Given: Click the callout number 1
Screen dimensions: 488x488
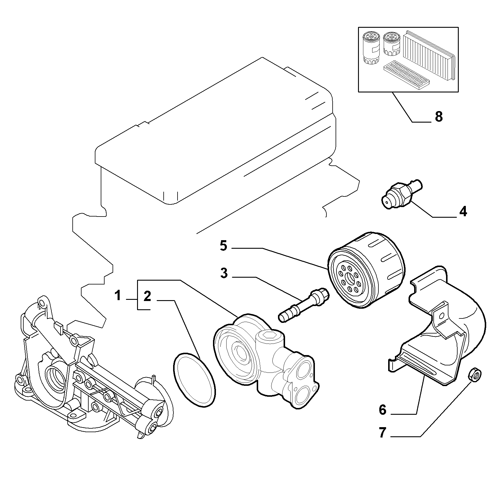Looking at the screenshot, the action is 118,295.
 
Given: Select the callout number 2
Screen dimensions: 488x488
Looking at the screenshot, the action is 147,296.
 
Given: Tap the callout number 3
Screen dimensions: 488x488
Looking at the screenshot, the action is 224,273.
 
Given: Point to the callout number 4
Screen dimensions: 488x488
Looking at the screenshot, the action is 463,212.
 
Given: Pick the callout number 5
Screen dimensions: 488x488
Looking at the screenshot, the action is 224,245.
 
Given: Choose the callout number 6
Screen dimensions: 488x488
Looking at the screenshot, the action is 383,410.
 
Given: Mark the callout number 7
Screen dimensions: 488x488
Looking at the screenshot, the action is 383,433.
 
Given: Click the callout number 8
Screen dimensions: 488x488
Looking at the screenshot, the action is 439,117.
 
